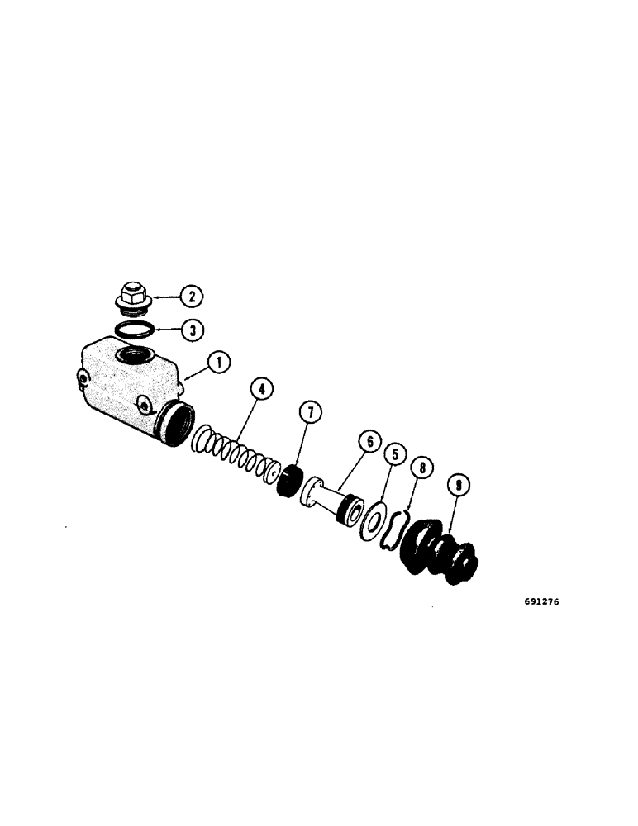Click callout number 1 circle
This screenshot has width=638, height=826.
point(219,363)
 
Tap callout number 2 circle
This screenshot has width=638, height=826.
point(191,296)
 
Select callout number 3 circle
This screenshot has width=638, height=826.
point(191,330)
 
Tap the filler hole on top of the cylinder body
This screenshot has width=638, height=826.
point(131,358)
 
